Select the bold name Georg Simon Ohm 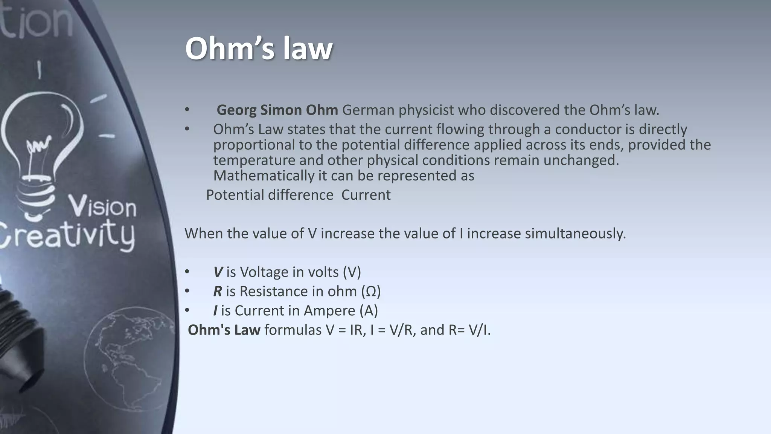click(x=277, y=110)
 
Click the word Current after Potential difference click(x=366, y=195)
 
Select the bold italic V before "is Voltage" click(x=218, y=272)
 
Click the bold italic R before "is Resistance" click(x=218, y=291)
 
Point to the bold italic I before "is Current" click(x=215, y=311)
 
